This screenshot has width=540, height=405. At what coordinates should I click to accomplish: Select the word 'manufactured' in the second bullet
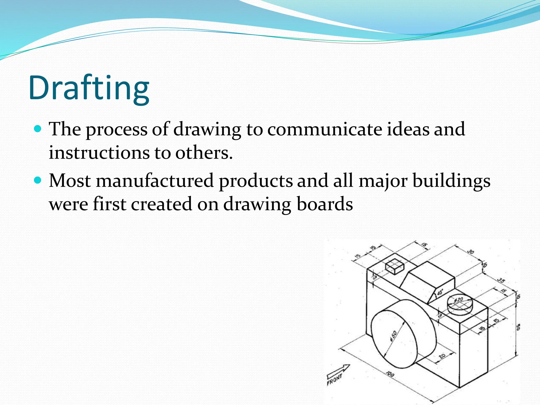coord(155,181)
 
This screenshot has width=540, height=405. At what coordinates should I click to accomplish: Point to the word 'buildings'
coord(451,181)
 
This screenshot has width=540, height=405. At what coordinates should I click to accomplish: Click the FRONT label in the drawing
coord(334,379)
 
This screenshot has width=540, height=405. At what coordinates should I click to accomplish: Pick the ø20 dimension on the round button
coord(459,300)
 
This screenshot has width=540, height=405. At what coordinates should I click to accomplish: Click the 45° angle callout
coord(440,292)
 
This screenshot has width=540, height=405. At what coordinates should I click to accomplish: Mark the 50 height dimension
coord(518,327)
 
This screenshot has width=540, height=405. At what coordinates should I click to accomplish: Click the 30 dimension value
coord(470,252)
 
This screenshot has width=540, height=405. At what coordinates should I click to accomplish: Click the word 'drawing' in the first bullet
coord(207,129)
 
